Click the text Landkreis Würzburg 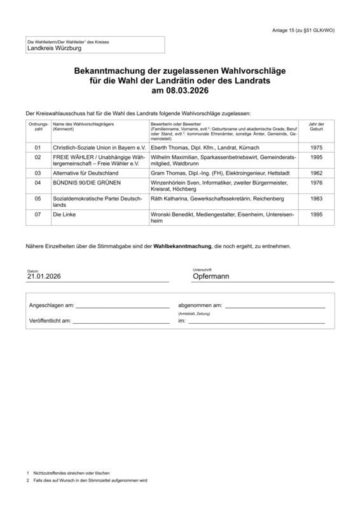(x=54, y=48)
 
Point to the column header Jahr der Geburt (x=316, y=127)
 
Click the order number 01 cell (x=38, y=147)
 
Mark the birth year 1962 (x=316, y=172)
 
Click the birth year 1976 (x=316, y=183)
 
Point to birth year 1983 (x=316, y=199)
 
